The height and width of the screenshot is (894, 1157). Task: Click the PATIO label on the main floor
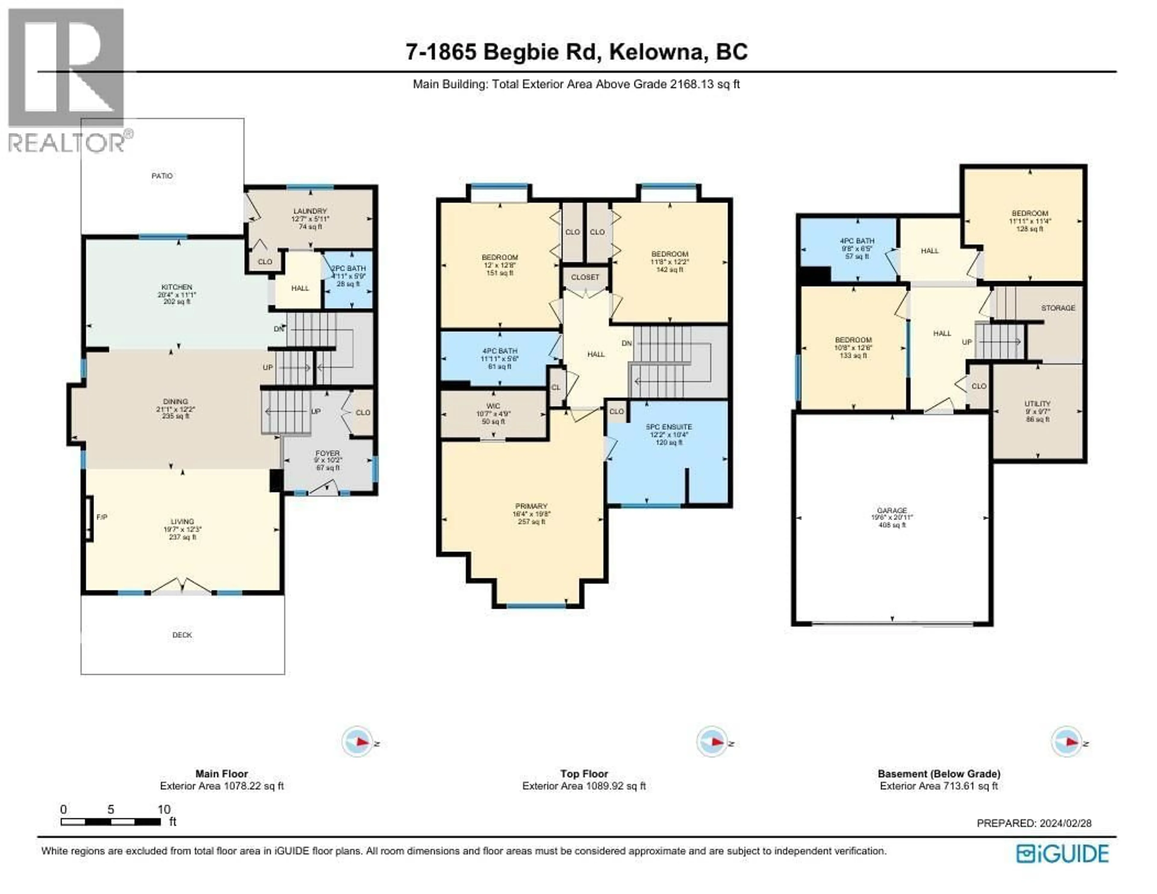(162, 175)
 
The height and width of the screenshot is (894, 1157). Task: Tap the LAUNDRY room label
(310, 211)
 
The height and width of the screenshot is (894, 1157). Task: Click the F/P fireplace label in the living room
(102, 517)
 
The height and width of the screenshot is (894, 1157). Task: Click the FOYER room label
(328, 453)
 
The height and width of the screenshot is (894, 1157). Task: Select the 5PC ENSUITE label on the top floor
(669, 427)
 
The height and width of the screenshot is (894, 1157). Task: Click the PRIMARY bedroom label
(531, 506)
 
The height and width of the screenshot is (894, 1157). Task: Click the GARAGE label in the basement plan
(892, 510)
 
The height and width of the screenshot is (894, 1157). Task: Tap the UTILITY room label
(1037, 404)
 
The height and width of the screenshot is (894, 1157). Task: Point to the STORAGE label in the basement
(1058, 308)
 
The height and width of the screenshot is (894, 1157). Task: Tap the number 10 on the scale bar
(164, 809)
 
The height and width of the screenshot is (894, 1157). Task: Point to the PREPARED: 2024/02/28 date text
(1033, 823)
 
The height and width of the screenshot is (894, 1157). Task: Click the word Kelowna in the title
(658, 52)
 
